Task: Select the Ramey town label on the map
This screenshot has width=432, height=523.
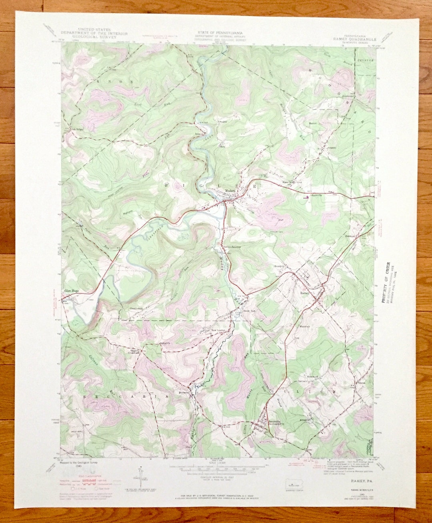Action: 305,293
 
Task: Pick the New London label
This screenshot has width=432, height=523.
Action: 218,330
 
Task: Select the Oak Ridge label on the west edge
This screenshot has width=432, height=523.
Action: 77,129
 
